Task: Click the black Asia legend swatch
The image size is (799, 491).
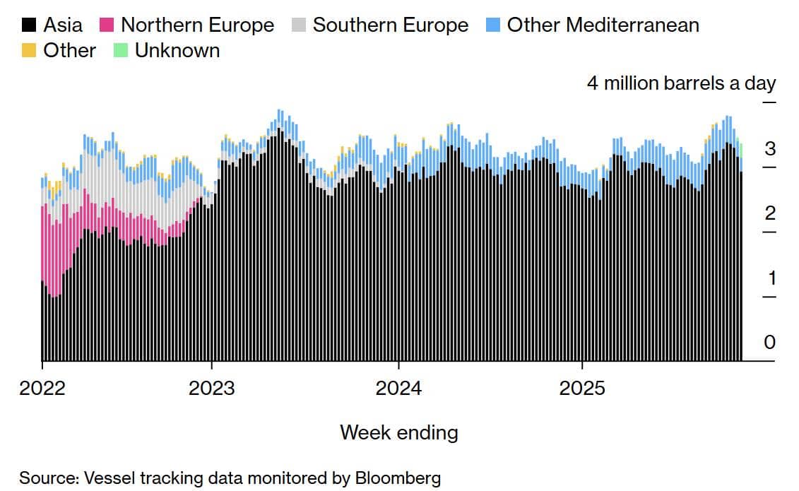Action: [x=29, y=25]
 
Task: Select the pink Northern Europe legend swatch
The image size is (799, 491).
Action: [x=106, y=25]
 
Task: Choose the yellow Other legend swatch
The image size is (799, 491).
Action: [x=29, y=51]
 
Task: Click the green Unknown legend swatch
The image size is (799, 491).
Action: [x=120, y=51]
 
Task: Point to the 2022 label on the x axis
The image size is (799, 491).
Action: [x=42, y=388]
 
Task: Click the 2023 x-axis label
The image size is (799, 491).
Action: [x=212, y=388]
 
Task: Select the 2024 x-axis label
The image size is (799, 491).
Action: [x=398, y=388]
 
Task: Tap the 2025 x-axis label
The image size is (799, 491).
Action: [x=582, y=388]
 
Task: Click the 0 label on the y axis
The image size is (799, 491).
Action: [x=769, y=343]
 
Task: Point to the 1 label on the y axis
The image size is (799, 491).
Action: [x=771, y=278]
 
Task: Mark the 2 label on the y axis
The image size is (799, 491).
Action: [x=769, y=213]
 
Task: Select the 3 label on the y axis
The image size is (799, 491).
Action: [x=769, y=149]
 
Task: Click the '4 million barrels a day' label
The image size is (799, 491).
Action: [x=681, y=83]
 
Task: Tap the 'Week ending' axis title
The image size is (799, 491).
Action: [x=398, y=432]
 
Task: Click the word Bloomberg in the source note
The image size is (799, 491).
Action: [x=398, y=478]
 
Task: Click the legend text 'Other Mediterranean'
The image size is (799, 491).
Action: [x=603, y=25]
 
